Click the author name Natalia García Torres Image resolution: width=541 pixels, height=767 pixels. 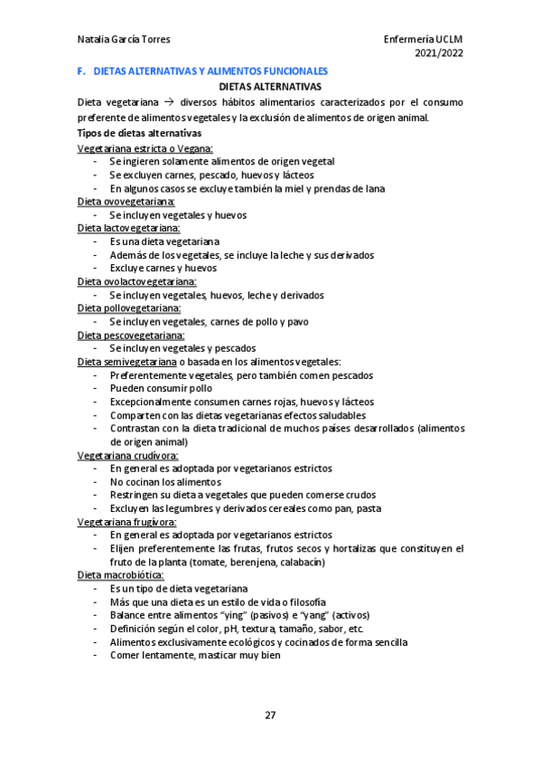point(124,40)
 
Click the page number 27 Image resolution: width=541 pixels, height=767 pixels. point(270,715)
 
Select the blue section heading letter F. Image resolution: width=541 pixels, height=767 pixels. point(82,71)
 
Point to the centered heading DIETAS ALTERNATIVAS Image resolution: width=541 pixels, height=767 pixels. point(271,87)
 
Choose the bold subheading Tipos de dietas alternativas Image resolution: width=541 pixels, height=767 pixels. point(138,133)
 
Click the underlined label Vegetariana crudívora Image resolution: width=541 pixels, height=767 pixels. point(127,455)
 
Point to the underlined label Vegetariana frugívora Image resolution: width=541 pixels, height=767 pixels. point(126,522)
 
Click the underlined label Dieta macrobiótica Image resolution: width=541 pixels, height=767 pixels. point(121,574)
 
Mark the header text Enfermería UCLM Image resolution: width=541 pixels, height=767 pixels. point(423,40)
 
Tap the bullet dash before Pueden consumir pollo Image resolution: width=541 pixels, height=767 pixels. point(96,388)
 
